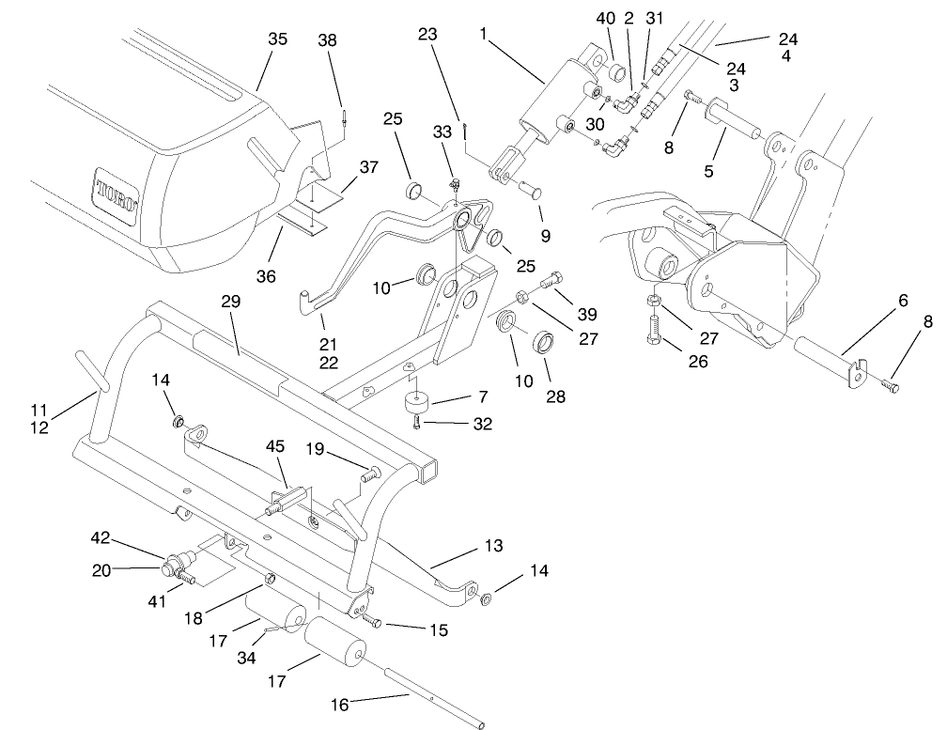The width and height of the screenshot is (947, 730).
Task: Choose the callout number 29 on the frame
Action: pos(230,302)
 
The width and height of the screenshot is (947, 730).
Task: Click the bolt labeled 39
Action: pos(554,279)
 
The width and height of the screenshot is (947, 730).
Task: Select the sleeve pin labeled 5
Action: pos(737,117)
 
